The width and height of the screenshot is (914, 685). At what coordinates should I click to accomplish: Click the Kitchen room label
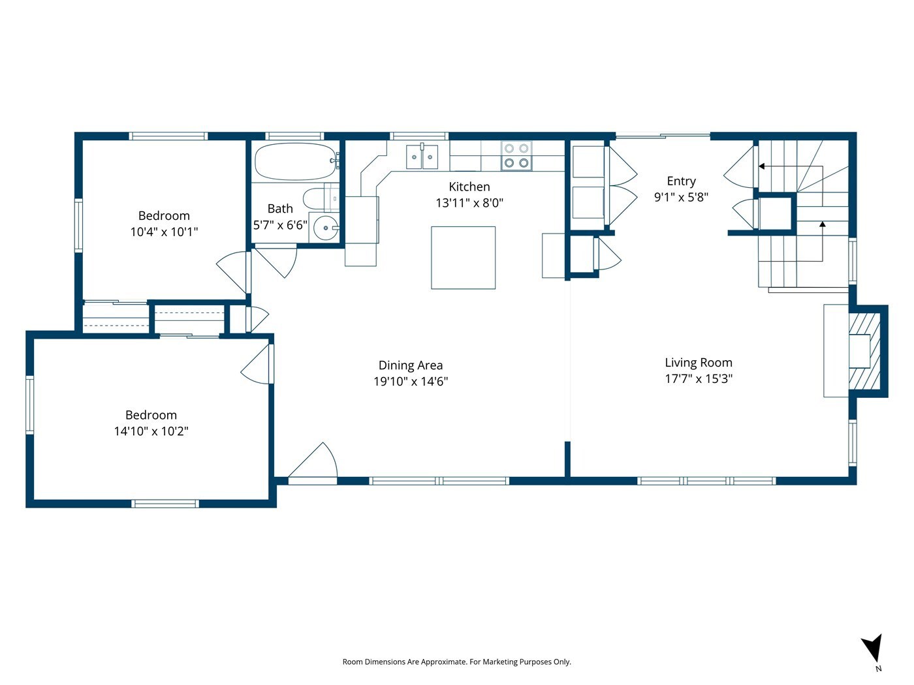(469, 187)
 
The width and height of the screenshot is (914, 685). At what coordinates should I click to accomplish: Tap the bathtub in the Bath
(296, 161)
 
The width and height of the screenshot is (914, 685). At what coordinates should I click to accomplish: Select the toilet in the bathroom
(321, 199)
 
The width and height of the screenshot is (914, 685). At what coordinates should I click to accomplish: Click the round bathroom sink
(326, 228)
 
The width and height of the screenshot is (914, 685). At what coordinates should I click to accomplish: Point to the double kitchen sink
(422, 157)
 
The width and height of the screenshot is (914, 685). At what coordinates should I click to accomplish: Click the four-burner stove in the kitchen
(516, 155)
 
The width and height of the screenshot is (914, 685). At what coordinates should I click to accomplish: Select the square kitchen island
(463, 258)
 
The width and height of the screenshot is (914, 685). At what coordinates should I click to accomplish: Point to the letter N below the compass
(878, 669)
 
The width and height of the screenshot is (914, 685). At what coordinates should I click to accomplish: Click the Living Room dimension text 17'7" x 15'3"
(699, 378)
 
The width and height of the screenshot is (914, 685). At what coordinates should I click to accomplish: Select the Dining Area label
(410, 365)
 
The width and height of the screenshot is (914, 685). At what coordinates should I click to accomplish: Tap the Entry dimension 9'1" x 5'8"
(681, 197)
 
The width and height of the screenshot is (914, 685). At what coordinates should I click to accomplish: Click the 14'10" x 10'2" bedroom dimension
(151, 431)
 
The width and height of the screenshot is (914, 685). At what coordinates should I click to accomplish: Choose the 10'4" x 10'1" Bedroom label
(164, 215)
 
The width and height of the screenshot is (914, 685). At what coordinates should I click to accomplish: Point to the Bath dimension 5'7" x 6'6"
(280, 225)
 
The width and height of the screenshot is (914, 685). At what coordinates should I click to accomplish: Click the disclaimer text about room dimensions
(457, 662)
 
